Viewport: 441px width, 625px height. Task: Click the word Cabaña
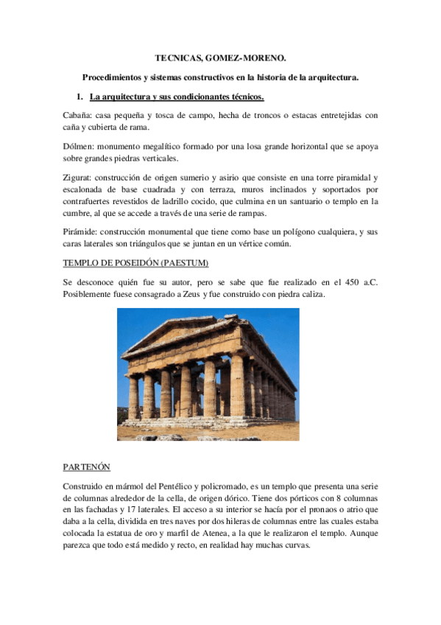[x=77, y=116]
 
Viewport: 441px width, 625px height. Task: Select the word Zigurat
[x=78, y=178]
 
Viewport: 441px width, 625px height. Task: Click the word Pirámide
[x=80, y=232]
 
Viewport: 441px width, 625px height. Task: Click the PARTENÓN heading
[x=87, y=467]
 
